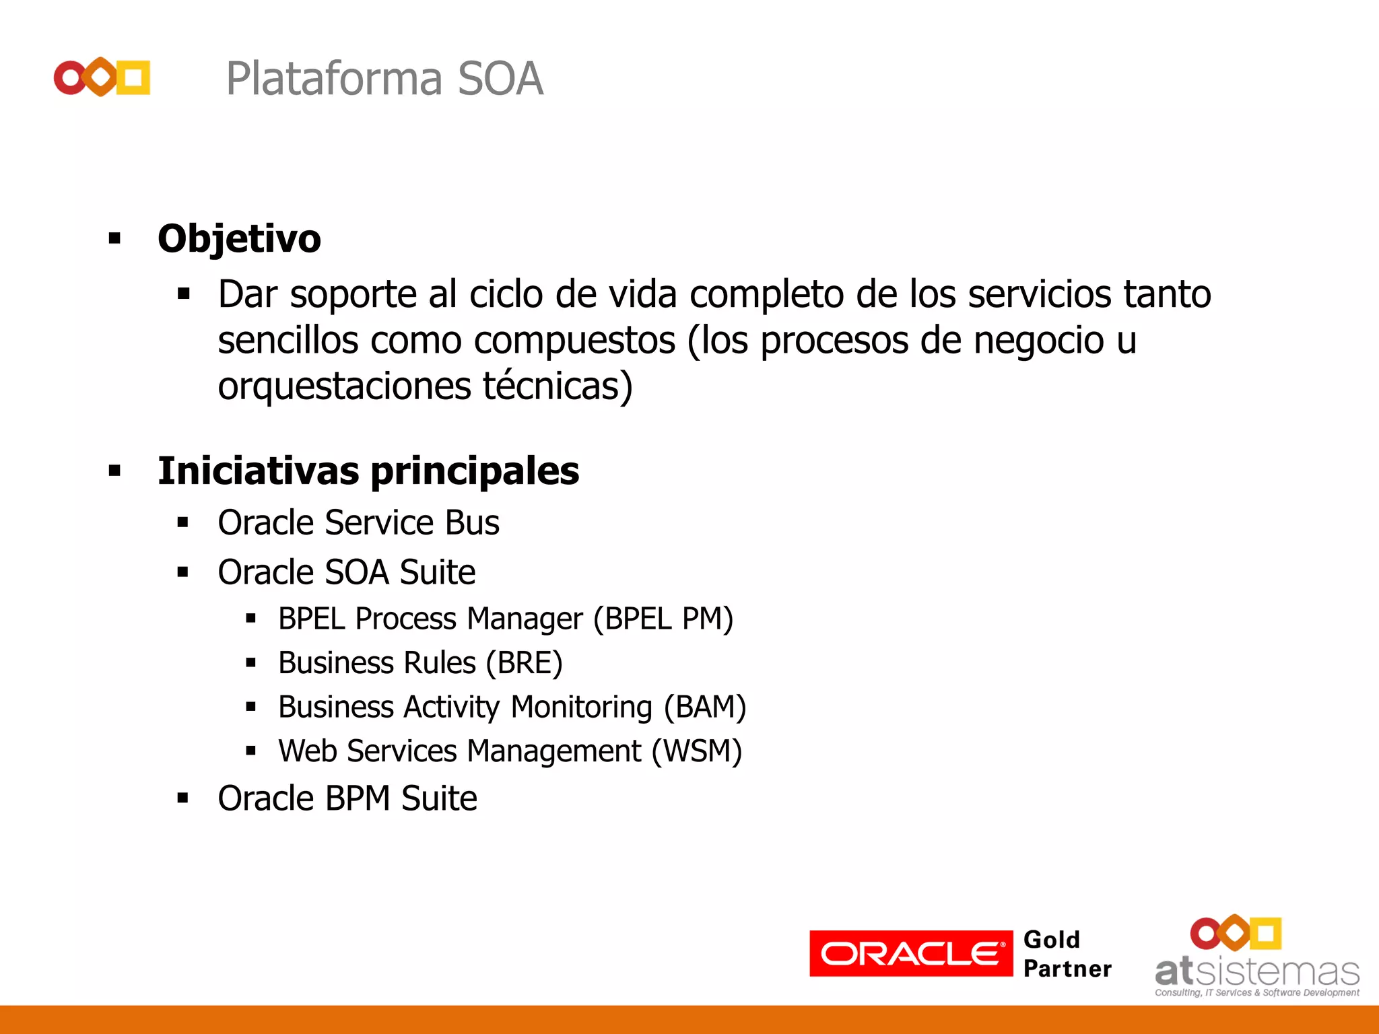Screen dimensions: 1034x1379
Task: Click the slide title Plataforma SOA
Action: click(x=384, y=79)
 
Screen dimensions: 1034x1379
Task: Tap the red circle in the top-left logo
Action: click(x=70, y=78)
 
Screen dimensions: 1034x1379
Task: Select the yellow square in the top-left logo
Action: click(x=133, y=78)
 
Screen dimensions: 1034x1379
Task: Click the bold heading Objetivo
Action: click(x=239, y=238)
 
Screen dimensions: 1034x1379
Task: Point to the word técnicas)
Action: click(x=558, y=386)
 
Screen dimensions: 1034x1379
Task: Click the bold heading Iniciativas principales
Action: click(x=368, y=471)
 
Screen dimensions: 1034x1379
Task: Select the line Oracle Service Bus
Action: click(x=358, y=523)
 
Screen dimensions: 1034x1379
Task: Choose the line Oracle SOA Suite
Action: click(x=346, y=572)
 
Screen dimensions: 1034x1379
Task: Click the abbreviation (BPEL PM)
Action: click(x=663, y=619)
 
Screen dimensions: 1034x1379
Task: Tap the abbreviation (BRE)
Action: click(x=525, y=663)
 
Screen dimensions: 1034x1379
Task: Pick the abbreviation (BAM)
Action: click(x=705, y=708)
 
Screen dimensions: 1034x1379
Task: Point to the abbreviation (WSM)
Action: click(x=696, y=751)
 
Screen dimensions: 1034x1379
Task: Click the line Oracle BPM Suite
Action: click(x=347, y=798)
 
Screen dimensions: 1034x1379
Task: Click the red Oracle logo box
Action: click(x=910, y=953)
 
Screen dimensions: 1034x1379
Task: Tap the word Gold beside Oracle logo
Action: click(x=1051, y=940)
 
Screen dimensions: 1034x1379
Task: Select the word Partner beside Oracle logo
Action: click(x=1067, y=969)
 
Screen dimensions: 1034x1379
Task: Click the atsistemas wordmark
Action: click(x=1257, y=972)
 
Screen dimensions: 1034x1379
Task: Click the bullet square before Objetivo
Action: click(x=114, y=238)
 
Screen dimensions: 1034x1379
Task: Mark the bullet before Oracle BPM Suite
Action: click(x=182, y=798)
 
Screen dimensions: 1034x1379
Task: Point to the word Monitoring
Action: click(x=581, y=708)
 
